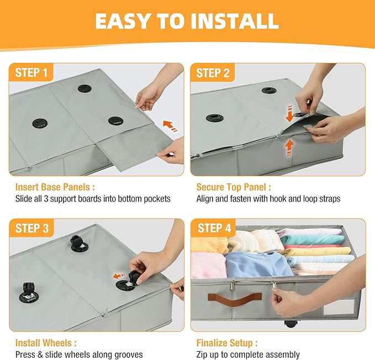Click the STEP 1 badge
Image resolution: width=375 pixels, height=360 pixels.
click(x=31, y=72)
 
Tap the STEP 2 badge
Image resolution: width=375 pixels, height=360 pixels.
click(x=213, y=72)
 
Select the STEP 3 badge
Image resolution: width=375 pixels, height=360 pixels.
click(x=32, y=228)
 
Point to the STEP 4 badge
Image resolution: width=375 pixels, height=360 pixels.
click(x=214, y=228)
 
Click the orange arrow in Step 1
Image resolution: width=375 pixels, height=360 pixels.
click(x=170, y=126)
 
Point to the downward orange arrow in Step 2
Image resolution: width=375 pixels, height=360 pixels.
click(x=289, y=114)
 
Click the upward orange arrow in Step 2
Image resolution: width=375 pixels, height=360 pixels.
click(x=289, y=148)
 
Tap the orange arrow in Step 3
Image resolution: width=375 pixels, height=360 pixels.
click(x=119, y=276)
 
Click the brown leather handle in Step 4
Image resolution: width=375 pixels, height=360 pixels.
click(x=235, y=298)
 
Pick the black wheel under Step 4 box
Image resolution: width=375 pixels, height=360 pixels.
click(x=291, y=324)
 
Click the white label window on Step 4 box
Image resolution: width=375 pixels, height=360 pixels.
click(x=339, y=306)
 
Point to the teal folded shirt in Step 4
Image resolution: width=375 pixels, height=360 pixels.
click(x=313, y=240)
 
